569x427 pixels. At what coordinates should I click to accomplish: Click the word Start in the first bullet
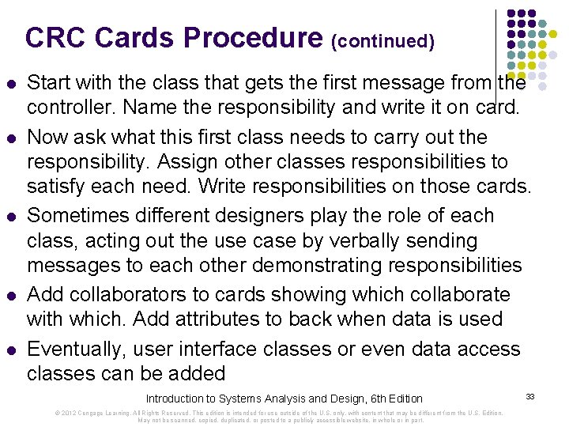[49, 81]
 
